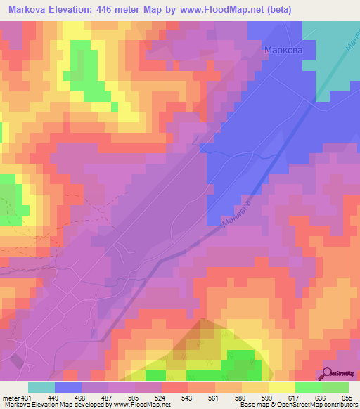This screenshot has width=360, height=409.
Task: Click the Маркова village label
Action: coord(283,50)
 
